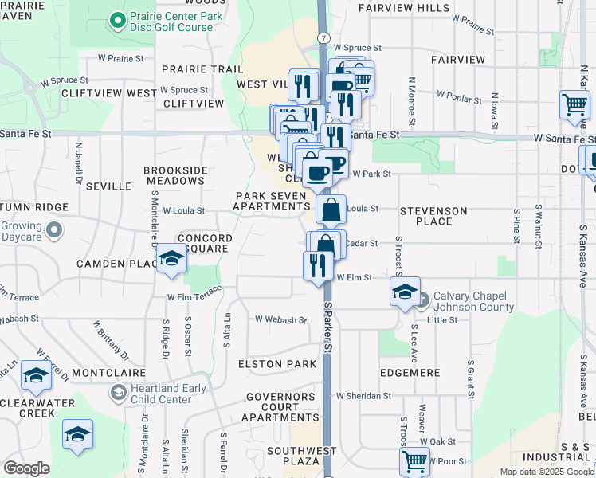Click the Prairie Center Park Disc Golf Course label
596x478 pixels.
[x=172, y=22]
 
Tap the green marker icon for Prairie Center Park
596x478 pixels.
[x=117, y=18]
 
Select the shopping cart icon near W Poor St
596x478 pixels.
[x=414, y=460]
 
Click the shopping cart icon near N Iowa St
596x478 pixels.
[x=574, y=104]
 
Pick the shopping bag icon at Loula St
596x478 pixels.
[x=331, y=210]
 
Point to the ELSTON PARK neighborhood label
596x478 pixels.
[x=272, y=364]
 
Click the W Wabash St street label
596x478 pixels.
[x=280, y=319]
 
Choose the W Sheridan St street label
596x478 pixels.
[x=367, y=395]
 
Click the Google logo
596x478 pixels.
[x=26, y=468]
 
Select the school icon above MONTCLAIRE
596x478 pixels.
[x=36, y=374]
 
